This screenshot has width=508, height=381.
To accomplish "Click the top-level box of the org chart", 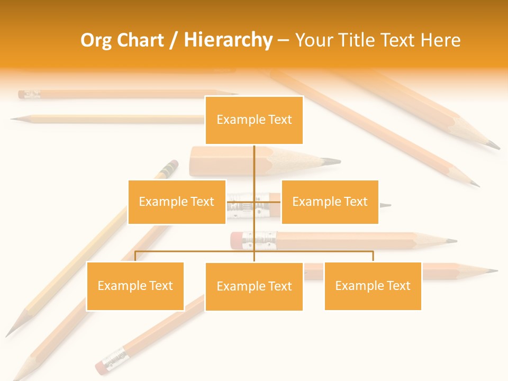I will [x=254, y=120].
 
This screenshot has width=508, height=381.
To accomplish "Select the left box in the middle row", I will [x=177, y=202].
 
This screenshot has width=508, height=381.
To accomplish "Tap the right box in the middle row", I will [x=330, y=202].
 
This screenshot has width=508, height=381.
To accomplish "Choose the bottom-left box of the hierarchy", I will [x=135, y=286].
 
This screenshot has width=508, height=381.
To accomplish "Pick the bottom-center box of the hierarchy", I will [x=254, y=286].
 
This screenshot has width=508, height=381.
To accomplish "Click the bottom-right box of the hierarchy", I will [x=373, y=286].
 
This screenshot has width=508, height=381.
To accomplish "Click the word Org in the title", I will [x=95, y=40].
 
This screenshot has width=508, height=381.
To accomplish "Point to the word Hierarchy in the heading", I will [x=228, y=40].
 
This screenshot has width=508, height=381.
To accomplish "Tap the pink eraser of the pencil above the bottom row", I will [x=235, y=240].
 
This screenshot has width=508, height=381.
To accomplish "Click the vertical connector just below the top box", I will [x=255, y=159].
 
